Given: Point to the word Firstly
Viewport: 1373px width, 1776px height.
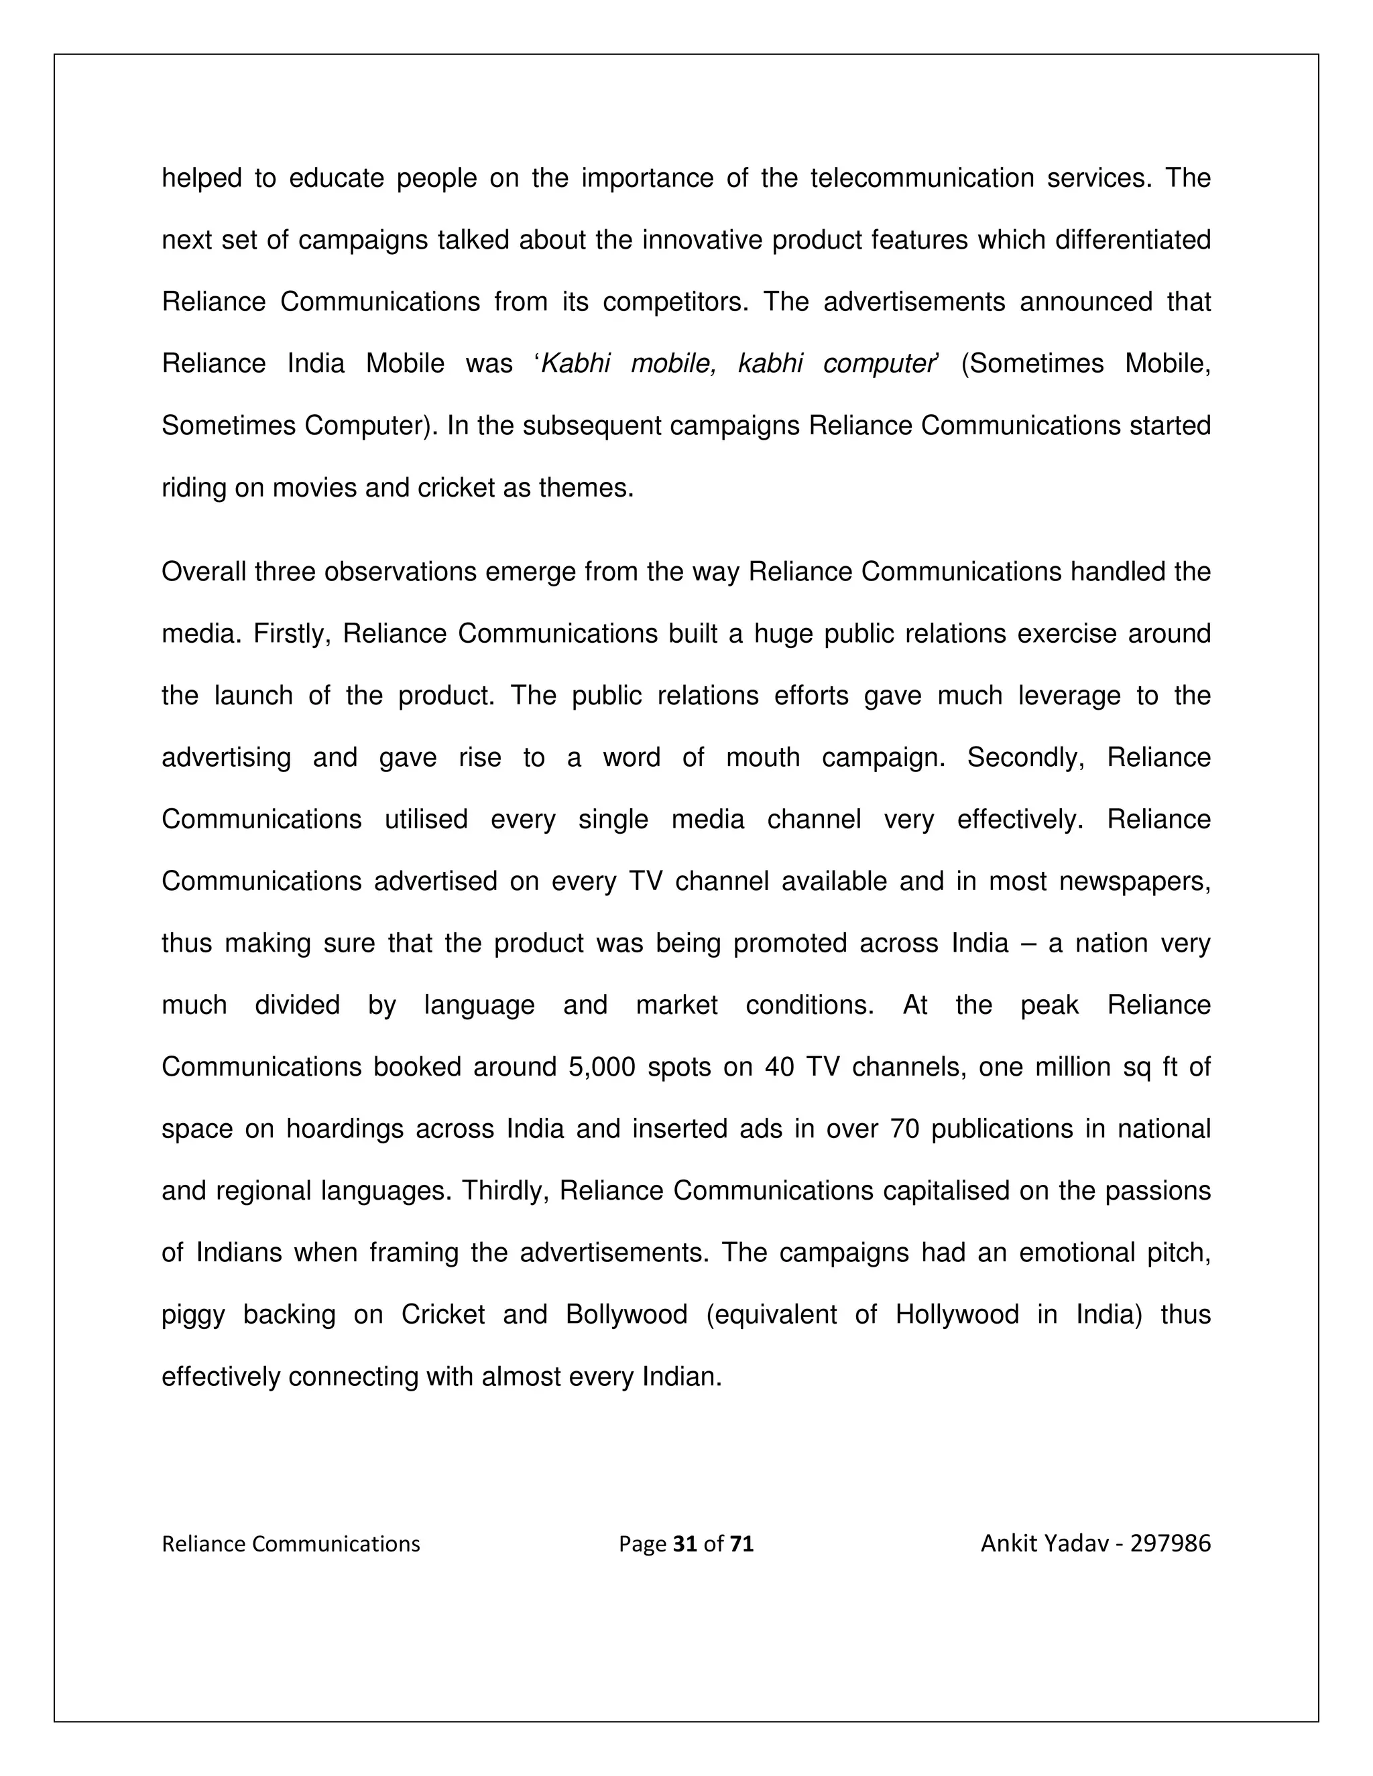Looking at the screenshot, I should [291, 634].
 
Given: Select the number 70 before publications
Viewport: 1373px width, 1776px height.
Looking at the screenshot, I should [904, 1129].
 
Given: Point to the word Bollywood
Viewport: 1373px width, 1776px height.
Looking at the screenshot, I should [626, 1315].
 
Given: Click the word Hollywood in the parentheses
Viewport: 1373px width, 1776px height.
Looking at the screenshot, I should [957, 1315].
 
